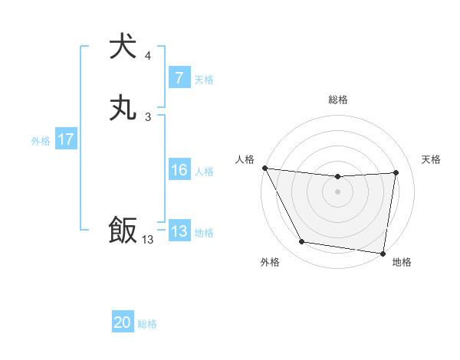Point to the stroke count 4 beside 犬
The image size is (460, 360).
[x=148, y=56]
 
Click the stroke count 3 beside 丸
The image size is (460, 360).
[x=148, y=117]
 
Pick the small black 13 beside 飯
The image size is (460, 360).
[x=148, y=240]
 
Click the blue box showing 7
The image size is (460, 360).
[x=179, y=78]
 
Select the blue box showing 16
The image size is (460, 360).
[x=179, y=170]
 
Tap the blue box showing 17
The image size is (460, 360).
[x=66, y=139]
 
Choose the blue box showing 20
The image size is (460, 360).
[x=123, y=322]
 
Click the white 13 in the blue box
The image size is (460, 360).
[x=179, y=231]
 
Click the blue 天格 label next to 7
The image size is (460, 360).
[x=204, y=79]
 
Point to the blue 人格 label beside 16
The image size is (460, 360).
[x=204, y=172]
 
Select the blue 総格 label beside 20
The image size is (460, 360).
[x=147, y=324]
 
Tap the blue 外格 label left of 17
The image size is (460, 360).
[x=41, y=141]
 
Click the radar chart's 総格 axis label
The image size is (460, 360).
[x=337, y=100]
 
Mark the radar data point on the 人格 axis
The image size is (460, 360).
[x=264, y=168]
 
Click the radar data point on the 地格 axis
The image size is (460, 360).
[x=383, y=253]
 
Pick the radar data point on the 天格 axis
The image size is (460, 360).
[x=396, y=172]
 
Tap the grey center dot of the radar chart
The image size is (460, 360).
[x=337, y=191]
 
